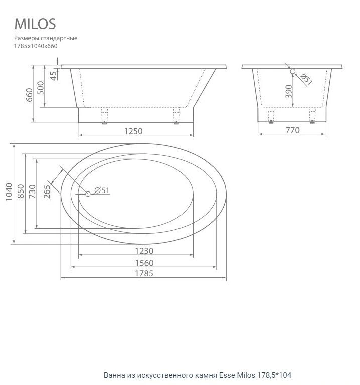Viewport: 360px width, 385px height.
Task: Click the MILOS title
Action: [35, 24]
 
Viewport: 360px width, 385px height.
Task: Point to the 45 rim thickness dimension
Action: [53, 75]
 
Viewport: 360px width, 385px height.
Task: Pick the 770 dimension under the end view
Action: [292, 130]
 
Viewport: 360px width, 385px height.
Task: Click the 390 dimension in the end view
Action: [289, 93]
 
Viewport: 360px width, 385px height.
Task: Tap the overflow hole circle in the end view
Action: [293, 72]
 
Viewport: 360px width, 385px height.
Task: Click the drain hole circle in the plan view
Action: [87, 194]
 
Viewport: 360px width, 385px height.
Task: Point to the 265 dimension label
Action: [47, 192]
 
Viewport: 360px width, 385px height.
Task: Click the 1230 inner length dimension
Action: [143, 251]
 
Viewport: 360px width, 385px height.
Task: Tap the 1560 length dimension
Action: [143, 262]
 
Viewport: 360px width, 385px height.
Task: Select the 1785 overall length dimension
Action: [143, 273]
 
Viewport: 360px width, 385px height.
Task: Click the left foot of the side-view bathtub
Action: [105, 116]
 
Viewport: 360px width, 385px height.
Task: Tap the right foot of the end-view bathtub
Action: [312, 116]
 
